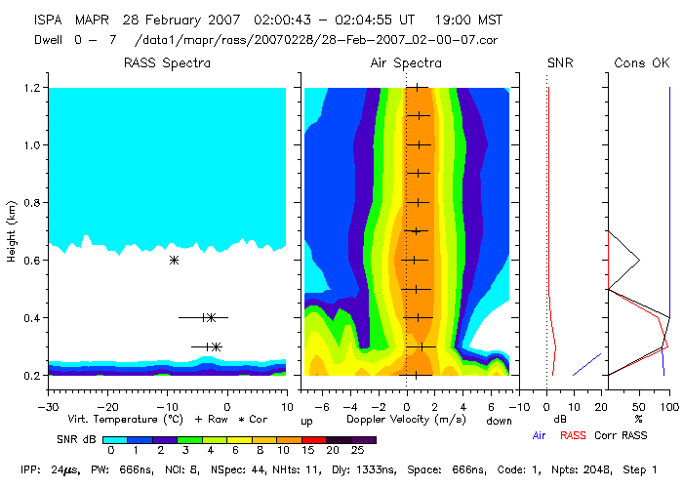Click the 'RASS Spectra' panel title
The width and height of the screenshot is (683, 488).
pyautogui.click(x=167, y=63)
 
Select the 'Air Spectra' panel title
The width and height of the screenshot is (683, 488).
pyautogui.click(x=406, y=63)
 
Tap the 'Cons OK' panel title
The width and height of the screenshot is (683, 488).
pyautogui.click(x=642, y=63)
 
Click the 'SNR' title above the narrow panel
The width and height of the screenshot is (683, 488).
pyautogui.click(x=560, y=63)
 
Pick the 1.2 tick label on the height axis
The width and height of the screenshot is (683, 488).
pyautogui.click(x=31, y=88)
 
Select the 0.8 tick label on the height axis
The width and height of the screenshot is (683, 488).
pyautogui.click(x=31, y=203)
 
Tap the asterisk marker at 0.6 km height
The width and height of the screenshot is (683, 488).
pyautogui.click(x=174, y=260)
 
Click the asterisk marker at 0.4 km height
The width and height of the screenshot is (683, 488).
pyautogui.click(x=210, y=317)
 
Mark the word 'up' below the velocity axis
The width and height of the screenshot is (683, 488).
pyautogui.click(x=306, y=422)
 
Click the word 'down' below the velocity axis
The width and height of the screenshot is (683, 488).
pyautogui.click(x=498, y=422)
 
